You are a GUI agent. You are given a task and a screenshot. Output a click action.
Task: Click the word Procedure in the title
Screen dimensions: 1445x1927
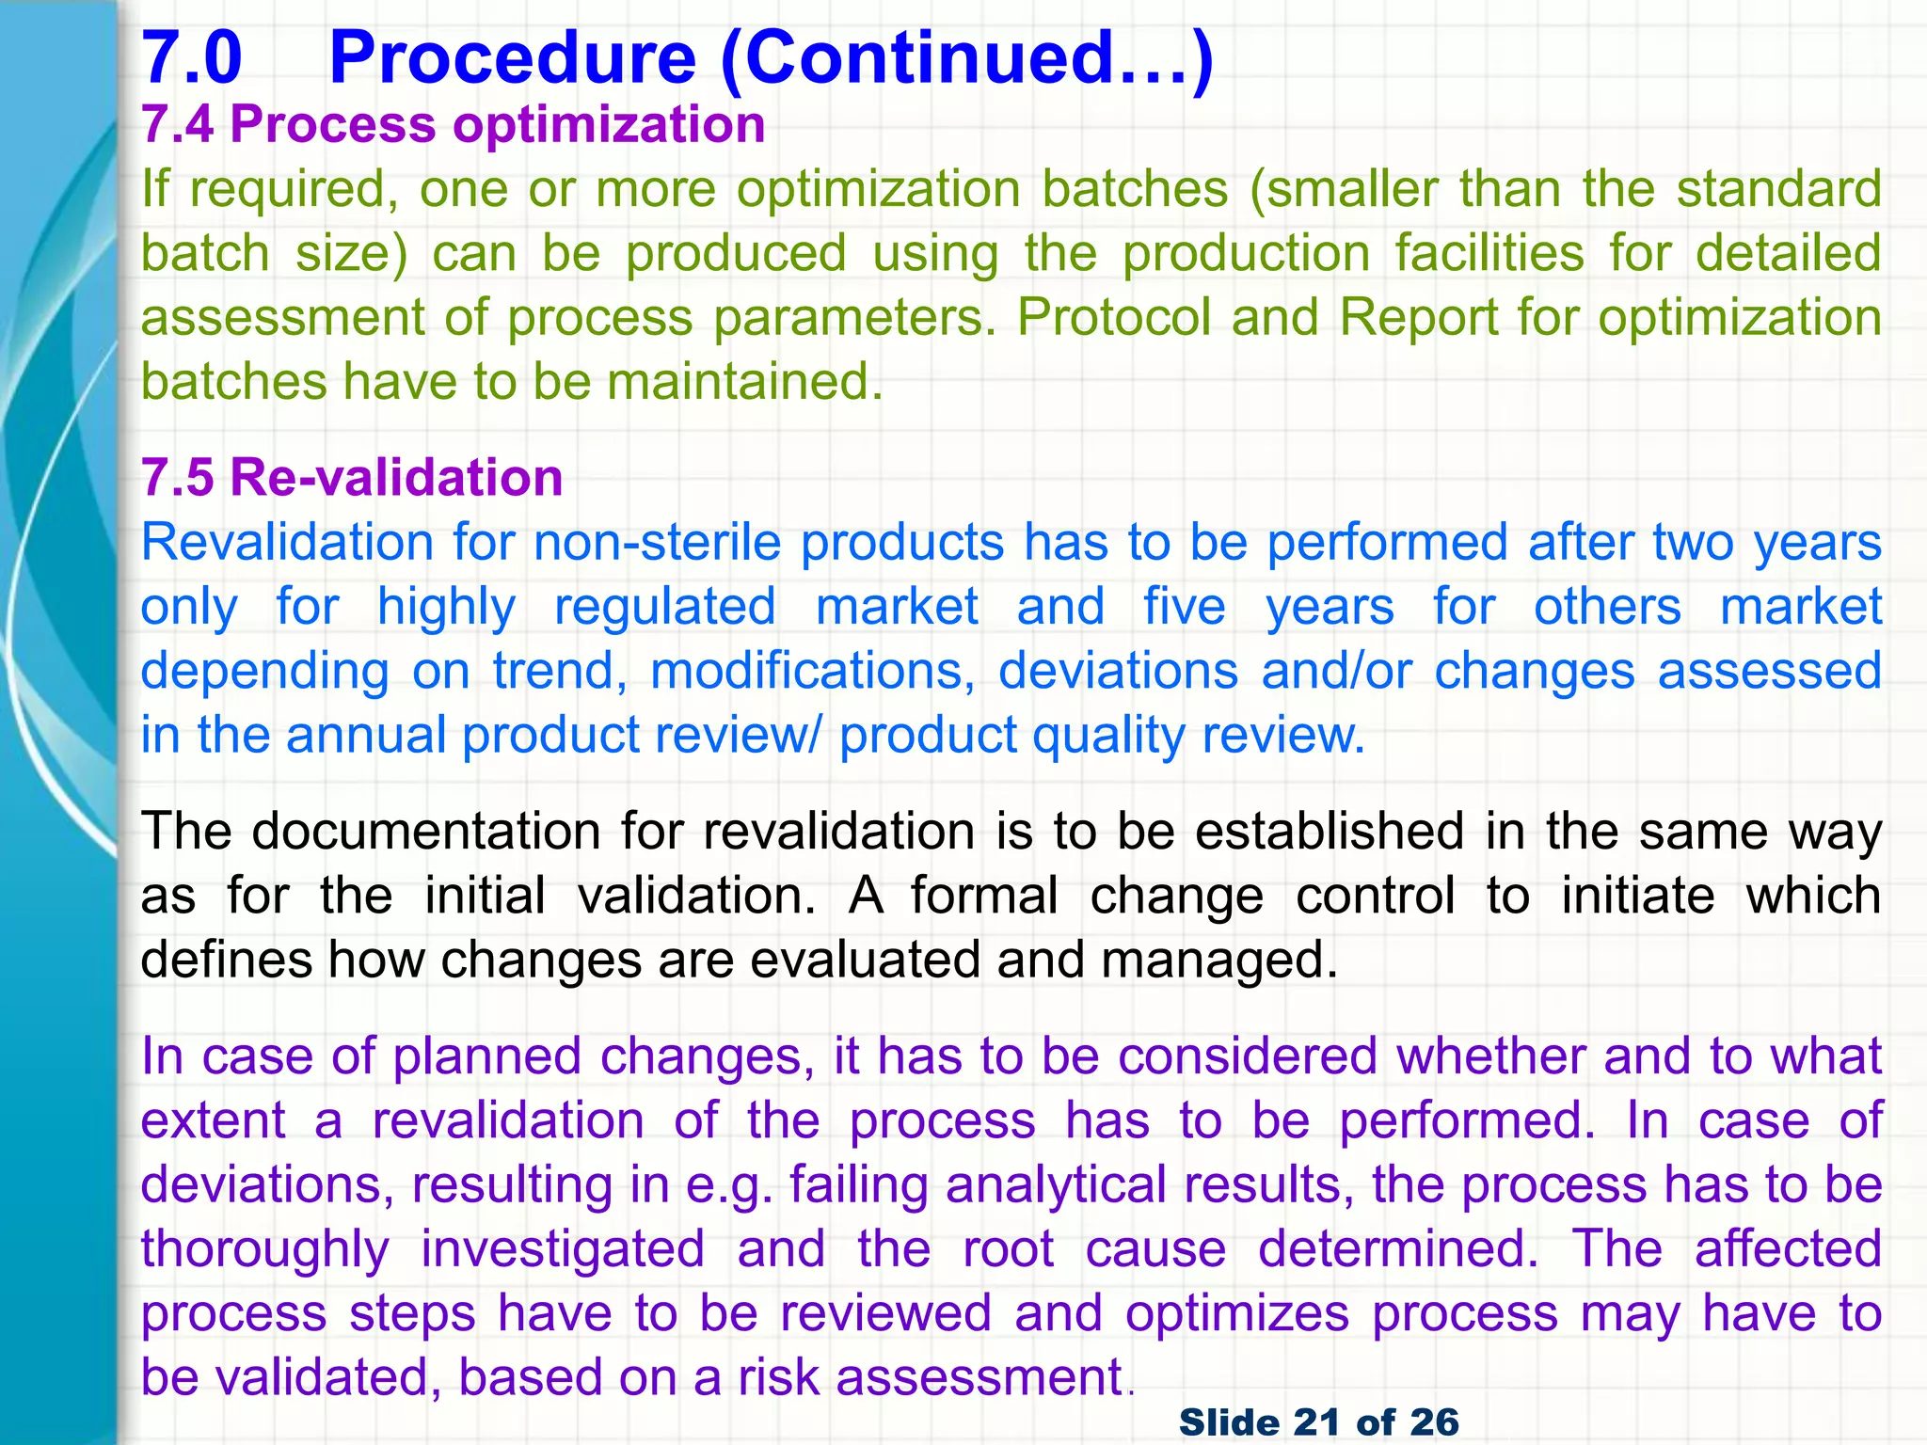(513, 58)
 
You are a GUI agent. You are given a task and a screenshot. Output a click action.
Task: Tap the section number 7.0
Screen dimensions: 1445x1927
(192, 58)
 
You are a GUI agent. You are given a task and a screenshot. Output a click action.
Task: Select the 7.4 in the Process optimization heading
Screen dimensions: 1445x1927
(178, 125)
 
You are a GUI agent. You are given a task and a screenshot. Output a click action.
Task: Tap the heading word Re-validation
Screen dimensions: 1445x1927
(396, 478)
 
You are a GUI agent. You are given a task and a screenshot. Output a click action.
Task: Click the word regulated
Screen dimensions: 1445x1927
(665, 607)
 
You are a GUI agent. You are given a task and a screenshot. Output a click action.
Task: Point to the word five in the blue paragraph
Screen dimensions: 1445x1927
(1185, 607)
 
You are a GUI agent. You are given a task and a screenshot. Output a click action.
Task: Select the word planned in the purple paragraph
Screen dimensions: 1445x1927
(486, 1056)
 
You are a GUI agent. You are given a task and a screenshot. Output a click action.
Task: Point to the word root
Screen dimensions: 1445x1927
(1008, 1249)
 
